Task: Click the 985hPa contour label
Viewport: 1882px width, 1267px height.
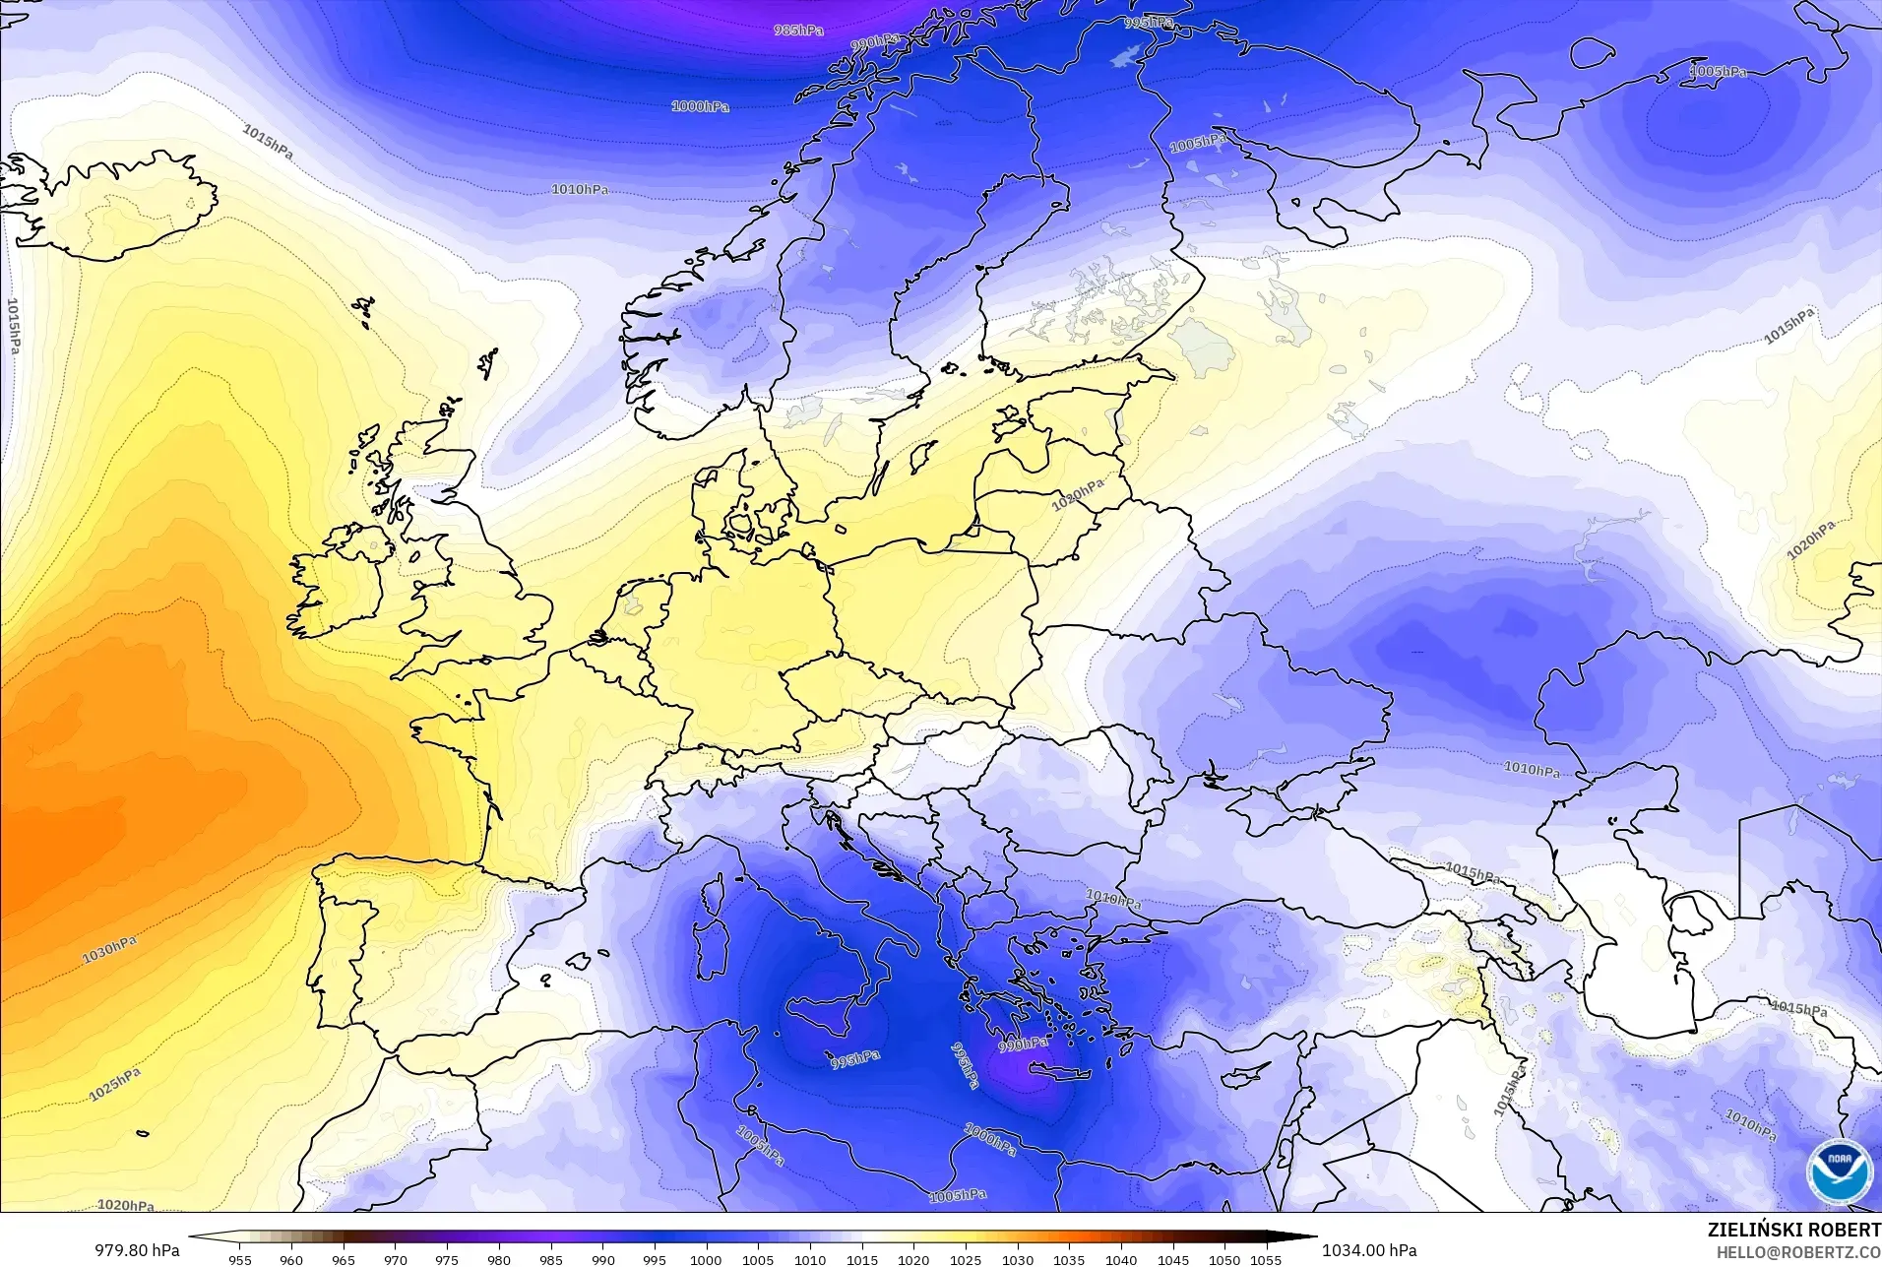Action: click(798, 30)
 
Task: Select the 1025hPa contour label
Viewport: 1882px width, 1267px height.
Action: click(115, 1083)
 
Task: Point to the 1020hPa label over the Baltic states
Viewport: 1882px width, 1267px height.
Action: click(1078, 494)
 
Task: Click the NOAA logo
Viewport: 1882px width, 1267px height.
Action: click(1839, 1171)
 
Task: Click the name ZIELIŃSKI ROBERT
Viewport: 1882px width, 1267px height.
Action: click(1793, 1231)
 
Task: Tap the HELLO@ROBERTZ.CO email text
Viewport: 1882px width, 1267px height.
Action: click(1798, 1252)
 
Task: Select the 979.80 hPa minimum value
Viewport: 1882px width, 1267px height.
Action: click(137, 1250)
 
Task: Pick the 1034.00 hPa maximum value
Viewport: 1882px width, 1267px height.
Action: click(1369, 1250)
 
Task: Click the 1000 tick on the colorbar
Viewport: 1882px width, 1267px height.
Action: click(706, 1259)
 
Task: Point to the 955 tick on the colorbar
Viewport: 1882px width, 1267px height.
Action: click(239, 1259)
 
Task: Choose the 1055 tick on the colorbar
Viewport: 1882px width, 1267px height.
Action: click(1266, 1259)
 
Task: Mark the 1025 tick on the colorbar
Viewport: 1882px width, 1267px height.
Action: click(966, 1259)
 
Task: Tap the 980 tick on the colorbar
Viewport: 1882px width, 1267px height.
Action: click(499, 1259)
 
